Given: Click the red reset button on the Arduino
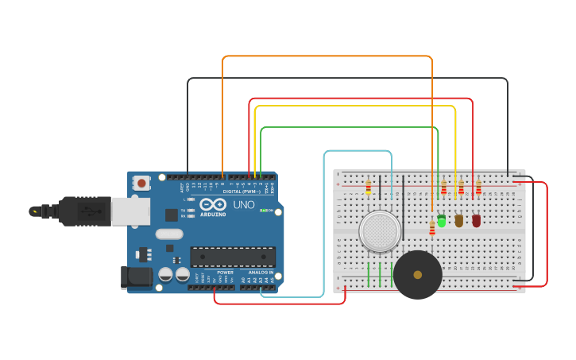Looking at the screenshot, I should coord(141,183).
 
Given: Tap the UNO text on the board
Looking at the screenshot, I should coord(243,205).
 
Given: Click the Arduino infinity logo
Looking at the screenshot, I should coord(213,203).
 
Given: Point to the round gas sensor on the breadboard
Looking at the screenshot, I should coord(380,231).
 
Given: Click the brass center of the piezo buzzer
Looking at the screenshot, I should coord(418,275).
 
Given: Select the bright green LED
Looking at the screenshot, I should coord(442,220).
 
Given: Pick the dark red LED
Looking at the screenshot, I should coord(477,220).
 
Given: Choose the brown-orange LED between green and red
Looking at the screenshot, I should coord(459,220).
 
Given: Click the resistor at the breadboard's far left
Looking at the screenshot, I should coord(369,188).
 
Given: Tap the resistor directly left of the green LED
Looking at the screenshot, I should coord(432,228).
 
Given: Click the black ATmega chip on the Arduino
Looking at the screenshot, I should coord(233,257).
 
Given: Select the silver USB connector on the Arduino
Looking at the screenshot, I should coord(130,211).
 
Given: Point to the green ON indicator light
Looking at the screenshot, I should coord(263,211).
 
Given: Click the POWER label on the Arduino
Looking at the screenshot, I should coord(226,273).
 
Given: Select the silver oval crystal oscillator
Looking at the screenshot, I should coord(169,234).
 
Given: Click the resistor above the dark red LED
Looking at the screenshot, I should coord(478,188).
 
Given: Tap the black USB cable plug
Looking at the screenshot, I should coord(84,211).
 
